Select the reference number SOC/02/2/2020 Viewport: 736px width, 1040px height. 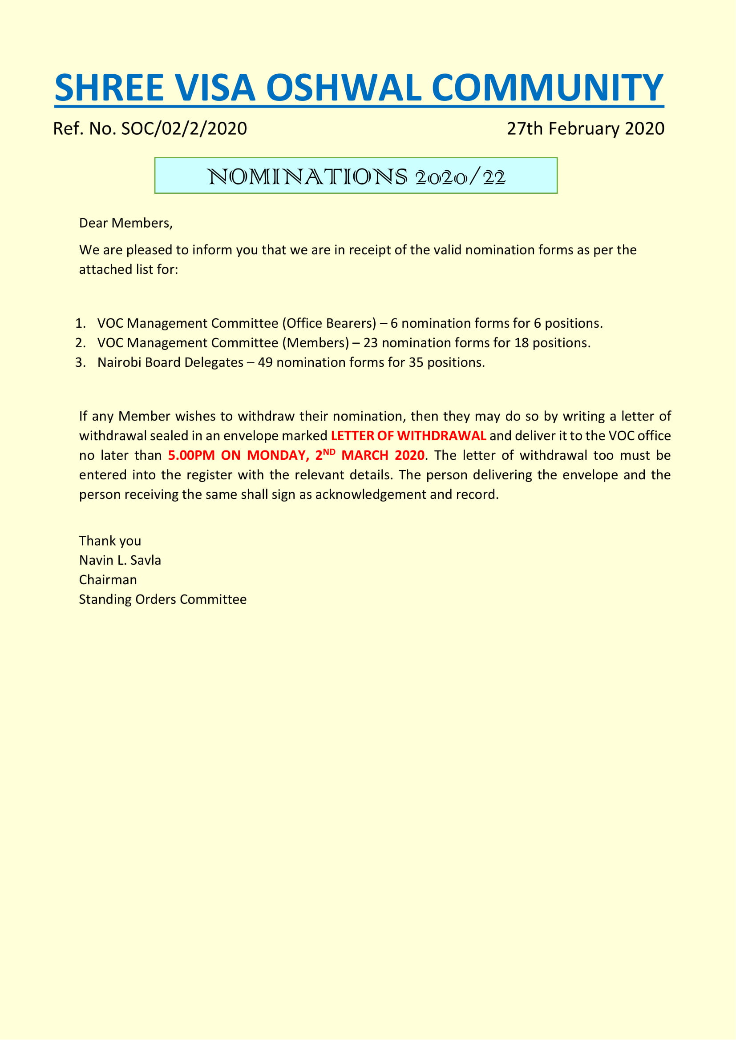tap(184, 128)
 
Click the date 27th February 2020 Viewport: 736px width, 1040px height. tap(585, 128)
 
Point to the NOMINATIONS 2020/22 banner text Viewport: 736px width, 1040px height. tap(356, 177)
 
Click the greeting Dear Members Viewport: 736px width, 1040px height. tap(125, 223)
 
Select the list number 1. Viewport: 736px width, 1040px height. tap(80, 323)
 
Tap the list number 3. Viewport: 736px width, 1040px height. tap(80, 362)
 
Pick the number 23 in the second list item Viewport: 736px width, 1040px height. tap(370, 343)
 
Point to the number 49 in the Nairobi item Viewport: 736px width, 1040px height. tap(265, 362)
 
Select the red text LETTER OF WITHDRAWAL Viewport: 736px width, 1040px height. tap(408, 436)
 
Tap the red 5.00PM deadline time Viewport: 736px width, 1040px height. tap(191, 455)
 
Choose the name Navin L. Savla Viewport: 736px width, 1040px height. tap(120, 560)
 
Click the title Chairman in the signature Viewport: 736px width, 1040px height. tap(108, 580)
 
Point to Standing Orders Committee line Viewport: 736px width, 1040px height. tap(163, 599)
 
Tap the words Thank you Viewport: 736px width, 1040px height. tap(110, 541)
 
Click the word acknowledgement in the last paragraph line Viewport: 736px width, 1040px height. tap(371, 494)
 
